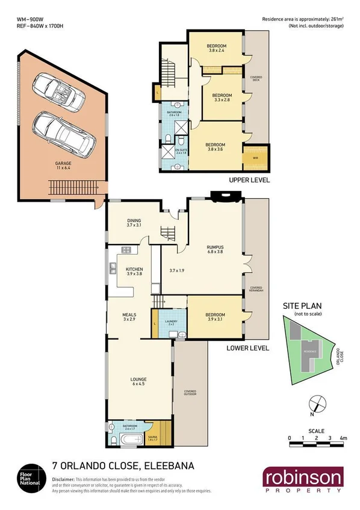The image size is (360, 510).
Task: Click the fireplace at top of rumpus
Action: tap(225, 196)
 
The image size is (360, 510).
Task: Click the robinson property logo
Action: tap(302, 480)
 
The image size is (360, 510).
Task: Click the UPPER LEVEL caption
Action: tap(249, 180)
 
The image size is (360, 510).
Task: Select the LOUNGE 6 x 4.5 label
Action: tap(139, 381)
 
